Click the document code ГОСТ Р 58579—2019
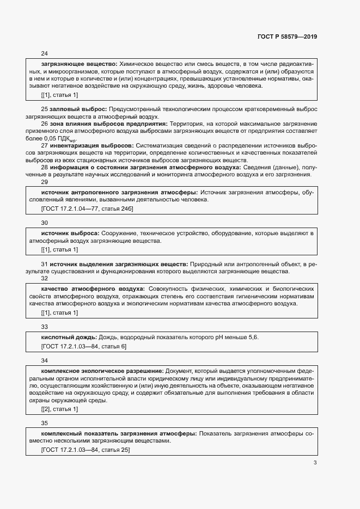286,37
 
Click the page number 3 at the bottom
315,463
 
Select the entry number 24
45,53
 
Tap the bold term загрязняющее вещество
79,64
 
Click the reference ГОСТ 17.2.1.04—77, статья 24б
87,208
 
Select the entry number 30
45,223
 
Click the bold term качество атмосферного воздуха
93,288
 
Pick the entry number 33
45,327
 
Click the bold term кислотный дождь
69,338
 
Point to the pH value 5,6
254,338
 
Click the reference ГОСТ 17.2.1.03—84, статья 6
84,346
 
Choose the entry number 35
45,422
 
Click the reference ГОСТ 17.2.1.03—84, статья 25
86,450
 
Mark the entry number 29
45,182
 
